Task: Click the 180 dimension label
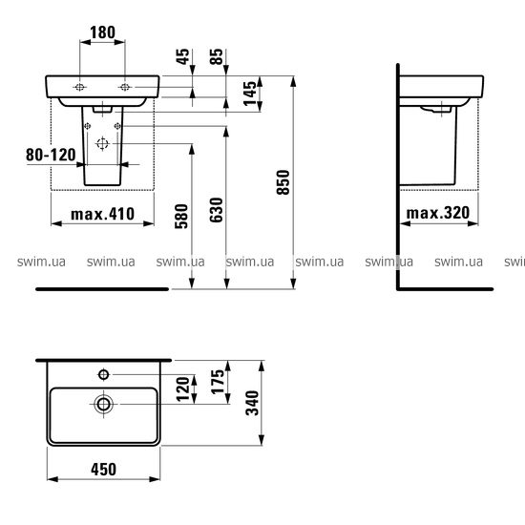[x=102, y=32]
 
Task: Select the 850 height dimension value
[x=283, y=182]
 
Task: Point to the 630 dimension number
[x=217, y=210]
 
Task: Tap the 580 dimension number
[x=181, y=217]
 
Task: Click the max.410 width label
[x=102, y=214]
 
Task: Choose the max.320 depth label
[x=438, y=213]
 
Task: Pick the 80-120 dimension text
[x=51, y=155]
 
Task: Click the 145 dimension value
[x=250, y=94]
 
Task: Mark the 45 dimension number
[x=183, y=57]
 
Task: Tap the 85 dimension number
[x=217, y=57]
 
